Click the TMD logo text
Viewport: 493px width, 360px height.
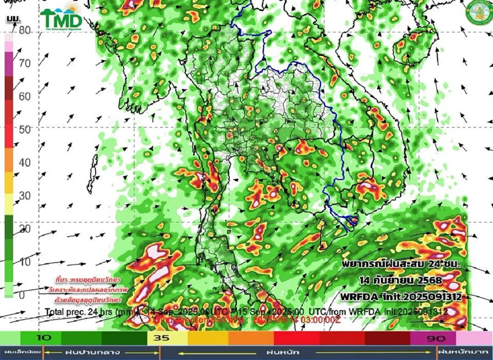pos(62,19)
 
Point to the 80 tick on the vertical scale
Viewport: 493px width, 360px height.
pos(25,30)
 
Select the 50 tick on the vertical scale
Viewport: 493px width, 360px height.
pos(25,129)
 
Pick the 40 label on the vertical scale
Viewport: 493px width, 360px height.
pos(25,163)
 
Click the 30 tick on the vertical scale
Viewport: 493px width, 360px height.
pos(25,196)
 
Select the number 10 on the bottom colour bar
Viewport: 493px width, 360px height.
pos(46,338)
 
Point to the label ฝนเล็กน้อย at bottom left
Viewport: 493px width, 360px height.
pos(21,352)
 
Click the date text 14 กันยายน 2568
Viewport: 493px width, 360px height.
pos(401,280)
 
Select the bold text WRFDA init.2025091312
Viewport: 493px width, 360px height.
pos(399,296)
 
